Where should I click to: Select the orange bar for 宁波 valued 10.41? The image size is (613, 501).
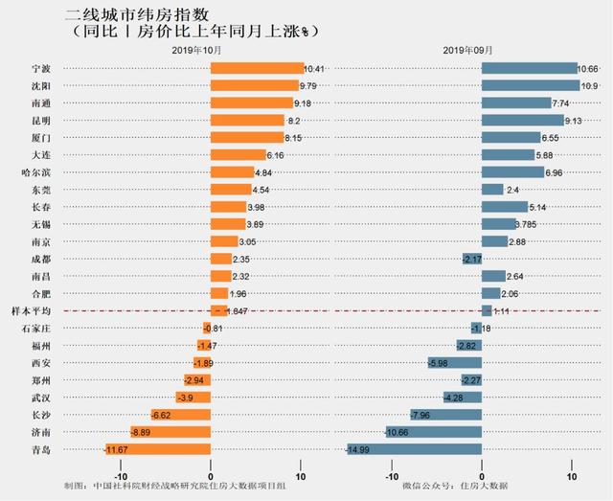256,68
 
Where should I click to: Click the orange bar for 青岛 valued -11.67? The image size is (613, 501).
158,448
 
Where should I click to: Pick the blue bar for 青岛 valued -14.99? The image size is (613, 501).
415,448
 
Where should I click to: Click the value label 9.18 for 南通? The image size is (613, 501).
304,102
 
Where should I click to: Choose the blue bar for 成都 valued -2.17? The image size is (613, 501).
472,259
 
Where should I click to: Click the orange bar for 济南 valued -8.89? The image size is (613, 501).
171,431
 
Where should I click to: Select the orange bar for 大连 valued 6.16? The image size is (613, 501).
238,154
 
